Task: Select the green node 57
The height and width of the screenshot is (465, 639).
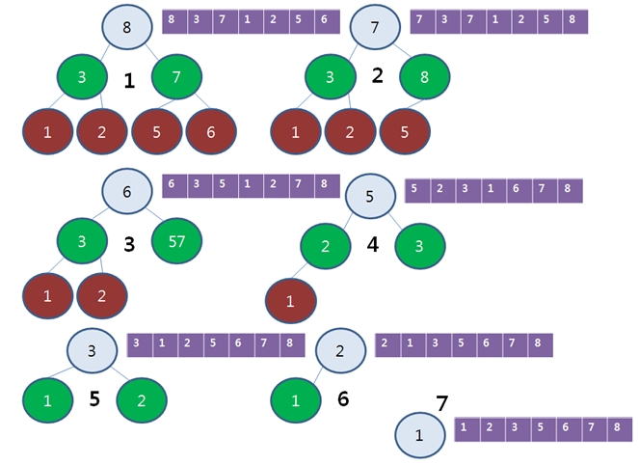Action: [176, 241]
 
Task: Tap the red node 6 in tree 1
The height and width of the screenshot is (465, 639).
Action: [210, 133]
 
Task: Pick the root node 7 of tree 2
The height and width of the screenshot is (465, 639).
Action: [374, 26]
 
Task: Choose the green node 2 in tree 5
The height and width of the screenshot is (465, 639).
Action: [142, 400]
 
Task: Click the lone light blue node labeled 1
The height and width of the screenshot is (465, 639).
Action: [419, 435]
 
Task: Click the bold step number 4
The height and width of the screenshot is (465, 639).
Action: [372, 245]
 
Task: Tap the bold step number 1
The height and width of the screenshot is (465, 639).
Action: [129, 82]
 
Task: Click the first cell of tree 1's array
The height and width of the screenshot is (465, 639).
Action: [173, 20]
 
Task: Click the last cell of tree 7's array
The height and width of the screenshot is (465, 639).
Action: [617, 426]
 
